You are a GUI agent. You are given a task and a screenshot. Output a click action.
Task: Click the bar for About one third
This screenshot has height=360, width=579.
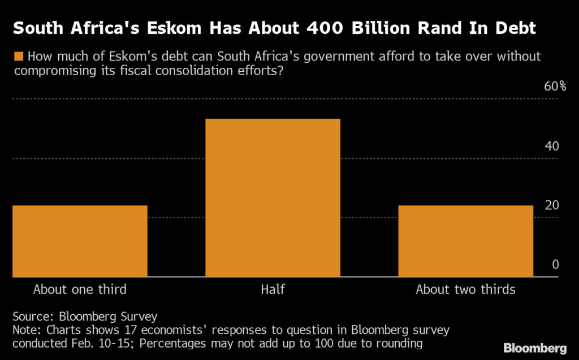tap(80, 241)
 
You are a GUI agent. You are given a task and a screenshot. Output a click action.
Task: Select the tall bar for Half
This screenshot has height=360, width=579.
tap(273, 198)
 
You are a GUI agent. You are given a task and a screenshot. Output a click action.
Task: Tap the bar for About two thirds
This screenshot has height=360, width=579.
tap(465, 241)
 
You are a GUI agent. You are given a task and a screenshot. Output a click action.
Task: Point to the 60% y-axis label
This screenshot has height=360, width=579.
tap(555, 86)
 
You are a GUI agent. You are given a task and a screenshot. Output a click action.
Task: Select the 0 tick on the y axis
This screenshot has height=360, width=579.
tap(555, 264)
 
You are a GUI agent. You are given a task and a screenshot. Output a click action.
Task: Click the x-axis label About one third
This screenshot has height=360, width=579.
tap(80, 290)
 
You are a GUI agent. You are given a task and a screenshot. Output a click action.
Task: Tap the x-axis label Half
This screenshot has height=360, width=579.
tap(273, 290)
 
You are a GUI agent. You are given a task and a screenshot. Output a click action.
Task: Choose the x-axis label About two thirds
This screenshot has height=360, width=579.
tap(465, 290)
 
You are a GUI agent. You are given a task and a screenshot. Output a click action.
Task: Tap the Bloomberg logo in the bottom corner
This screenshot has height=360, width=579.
tap(535, 348)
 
